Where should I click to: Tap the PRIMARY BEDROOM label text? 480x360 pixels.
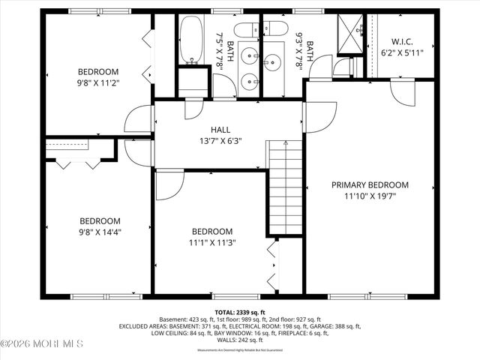coord(371,185)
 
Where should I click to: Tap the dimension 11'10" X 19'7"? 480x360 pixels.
coord(371,196)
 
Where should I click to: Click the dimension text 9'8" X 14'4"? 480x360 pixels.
coord(100,232)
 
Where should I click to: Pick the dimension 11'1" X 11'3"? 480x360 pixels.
coord(211,242)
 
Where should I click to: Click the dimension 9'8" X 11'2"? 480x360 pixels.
coord(99,84)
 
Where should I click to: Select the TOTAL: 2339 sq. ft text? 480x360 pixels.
coord(239,311)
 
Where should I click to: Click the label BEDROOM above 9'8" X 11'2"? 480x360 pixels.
coord(99,73)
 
